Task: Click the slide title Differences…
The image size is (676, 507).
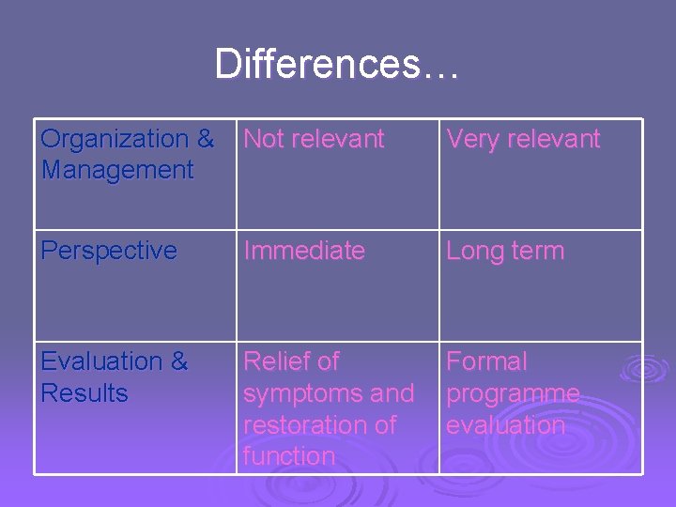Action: [x=337, y=65]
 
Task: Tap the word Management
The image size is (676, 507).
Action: [x=116, y=171]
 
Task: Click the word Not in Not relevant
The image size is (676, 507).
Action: [x=264, y=139]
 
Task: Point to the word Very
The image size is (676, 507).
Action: [x=474, y=139]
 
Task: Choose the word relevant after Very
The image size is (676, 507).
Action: [x=553, y=139]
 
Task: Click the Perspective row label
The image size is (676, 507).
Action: [x=109, y=252]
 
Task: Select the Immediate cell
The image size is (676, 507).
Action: [x=303, y=251]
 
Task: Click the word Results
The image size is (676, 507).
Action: [x=84, y=393]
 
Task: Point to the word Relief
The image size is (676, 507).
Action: [x=279, y=361]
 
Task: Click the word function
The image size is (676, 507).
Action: [x=288, y=456]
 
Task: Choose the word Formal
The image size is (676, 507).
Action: [x=486, y=361]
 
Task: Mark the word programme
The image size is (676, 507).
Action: [x=513, y=393]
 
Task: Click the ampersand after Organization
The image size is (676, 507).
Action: [x=206, y=139]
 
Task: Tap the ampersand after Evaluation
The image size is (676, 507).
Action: [x=178, y=361]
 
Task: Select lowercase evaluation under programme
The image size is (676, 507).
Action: [x=505, y=424]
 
